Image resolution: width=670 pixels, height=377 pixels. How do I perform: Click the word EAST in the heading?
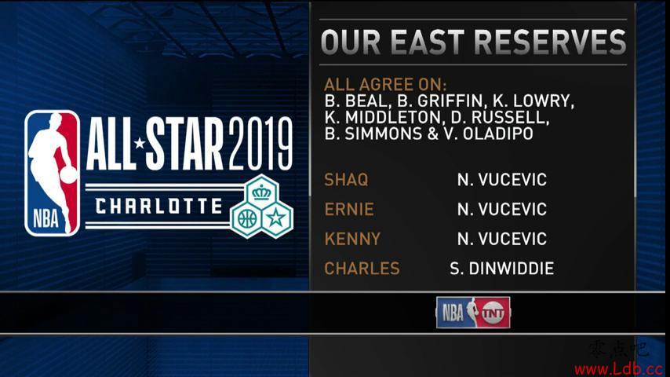(427, 42)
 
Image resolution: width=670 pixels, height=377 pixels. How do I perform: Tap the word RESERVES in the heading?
(550, 42)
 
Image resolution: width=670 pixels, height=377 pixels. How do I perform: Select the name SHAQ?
(346, 180)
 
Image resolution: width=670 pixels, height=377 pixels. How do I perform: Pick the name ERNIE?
(349, 209)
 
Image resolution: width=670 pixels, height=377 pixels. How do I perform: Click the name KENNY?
(352, 239)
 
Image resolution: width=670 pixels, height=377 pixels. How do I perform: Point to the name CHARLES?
(362, 269)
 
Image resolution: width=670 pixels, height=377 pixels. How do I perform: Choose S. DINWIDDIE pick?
(501, 269)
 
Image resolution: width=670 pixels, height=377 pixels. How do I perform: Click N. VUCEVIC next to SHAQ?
(501, 180)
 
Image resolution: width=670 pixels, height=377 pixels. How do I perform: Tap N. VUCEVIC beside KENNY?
(501, 239)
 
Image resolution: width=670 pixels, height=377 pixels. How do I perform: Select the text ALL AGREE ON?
(385, 84)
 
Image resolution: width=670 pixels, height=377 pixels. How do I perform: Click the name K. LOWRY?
(533, 101)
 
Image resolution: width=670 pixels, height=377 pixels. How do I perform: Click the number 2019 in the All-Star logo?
(260, 144)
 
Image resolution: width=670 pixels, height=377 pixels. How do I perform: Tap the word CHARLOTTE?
(158, 207)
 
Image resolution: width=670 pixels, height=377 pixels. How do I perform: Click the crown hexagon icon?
(261, 192)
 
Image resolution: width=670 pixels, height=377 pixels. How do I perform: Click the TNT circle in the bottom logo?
(493, 313)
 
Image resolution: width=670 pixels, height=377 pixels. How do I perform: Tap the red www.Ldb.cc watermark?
(618, 368)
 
